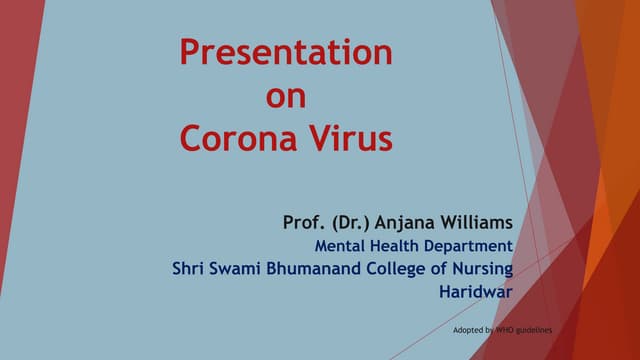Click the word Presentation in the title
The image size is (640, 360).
pyautogui.click(x=286, y=52)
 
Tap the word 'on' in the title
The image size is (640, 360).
pyautogui.click(x=286, y=96)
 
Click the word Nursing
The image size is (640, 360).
pyautogui.click(x=481, y=269)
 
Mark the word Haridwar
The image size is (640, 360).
pyautogui.click(x=476, y=293)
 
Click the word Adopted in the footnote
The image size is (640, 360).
pyautogui.click(x=469, y=329)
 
